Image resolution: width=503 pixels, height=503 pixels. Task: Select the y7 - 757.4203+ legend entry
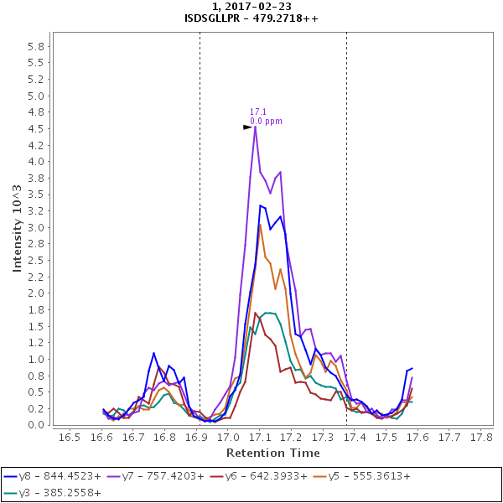(164, 475)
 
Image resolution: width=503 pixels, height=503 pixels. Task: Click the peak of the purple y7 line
(255, 127)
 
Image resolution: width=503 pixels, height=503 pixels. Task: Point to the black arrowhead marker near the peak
(248, 127)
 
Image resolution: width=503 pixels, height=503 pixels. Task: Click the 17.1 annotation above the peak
(257, 111)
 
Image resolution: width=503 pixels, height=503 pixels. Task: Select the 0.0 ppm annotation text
(266, 122)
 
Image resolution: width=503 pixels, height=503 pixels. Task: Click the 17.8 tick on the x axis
(480, 437)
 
